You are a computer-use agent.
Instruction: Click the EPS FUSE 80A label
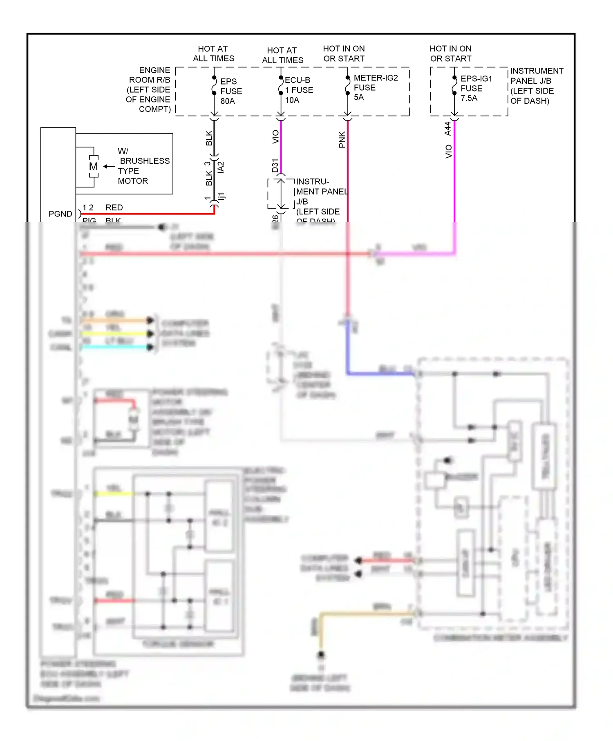pyautogui.click(x=231, y=91)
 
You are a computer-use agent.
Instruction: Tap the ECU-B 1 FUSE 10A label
pyautogui.click(x=299, y=90)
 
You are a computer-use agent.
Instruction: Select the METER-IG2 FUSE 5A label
pyautogui.click(x=375, y=87)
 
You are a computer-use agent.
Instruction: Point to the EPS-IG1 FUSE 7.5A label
pyautogui.click(x=476, y=88)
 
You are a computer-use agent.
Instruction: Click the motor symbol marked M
pyautogui.click(x=94, y=167)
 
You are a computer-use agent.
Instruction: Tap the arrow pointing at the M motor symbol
pyautogui.click(x=109, y=166)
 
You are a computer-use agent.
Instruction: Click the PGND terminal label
pyautogui.click(x=60, y=214)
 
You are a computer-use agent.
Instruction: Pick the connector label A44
pyautogui.click(x=448, y=128)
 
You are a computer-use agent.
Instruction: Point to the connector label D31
pyautogui.click(x=275, y=165)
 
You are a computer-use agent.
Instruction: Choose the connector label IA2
pyautogui.click(x=221, y=167)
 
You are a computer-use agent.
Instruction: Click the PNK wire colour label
pyautogui.click(x=342, y=140)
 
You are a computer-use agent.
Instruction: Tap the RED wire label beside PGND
pyautogui.click(x=114, y=208)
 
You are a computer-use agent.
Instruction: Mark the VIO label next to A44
pyautogui.click(x=449, y=151)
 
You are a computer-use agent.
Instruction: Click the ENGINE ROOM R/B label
pyautogui.click(x=149, y=89)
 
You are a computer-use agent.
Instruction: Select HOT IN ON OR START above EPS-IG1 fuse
pyautogui.click(x=450, y=54)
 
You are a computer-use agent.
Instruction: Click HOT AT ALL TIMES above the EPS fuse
pyautogui.click(x=213, y=54)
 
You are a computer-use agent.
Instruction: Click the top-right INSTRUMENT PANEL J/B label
pyautogui.click(x=536, y=86)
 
